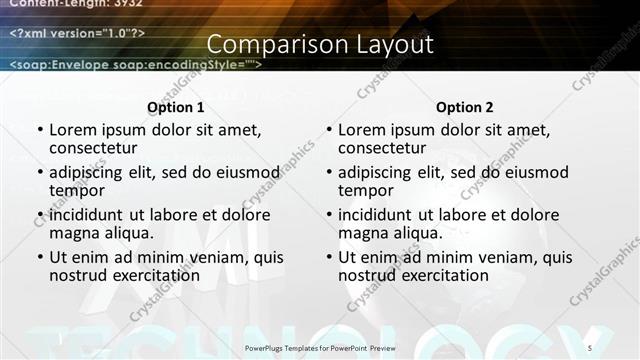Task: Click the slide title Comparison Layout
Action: pos(320,45)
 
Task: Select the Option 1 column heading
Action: pos(175,107)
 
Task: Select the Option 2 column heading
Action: pos(464,107)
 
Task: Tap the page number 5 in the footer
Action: pos(591,347)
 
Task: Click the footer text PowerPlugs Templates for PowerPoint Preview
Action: pos(321,347)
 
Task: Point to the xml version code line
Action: pos(78,33)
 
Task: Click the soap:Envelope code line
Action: pos(135,65)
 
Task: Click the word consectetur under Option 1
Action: pos(98,148)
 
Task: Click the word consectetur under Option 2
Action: pos(387,148)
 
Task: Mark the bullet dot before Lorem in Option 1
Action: pos(39,130)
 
